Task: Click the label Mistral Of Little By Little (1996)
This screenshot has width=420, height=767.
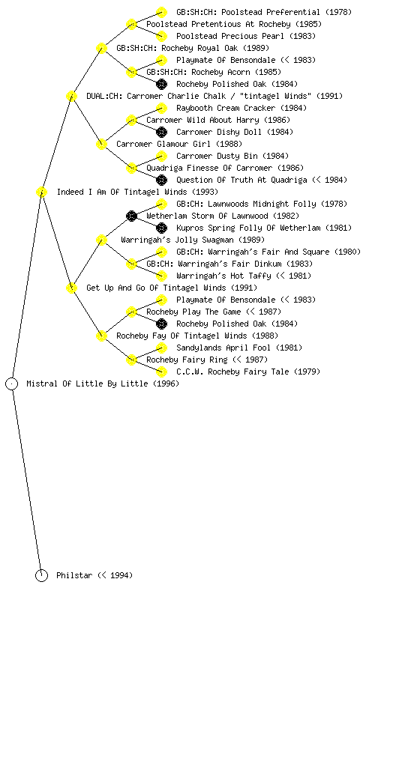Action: coord(103,383)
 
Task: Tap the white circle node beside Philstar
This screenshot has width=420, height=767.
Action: coord(41,575)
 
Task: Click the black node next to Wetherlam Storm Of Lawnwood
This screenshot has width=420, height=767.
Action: coord(131,216)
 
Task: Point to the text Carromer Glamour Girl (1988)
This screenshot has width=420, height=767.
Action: coord(179,144)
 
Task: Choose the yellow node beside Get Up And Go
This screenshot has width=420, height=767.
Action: coord(71,288)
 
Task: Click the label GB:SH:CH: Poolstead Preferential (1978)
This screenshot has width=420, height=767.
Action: coord(264,12)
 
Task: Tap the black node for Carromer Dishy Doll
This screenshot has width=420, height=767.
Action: coord(161,132)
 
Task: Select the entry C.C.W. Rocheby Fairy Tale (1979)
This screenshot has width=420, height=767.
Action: coord(248,372)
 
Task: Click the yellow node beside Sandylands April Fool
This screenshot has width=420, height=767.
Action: coord(161,348)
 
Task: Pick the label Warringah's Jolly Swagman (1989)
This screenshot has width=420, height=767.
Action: coord(193,240)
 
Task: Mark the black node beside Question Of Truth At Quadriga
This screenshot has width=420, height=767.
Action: coord(161,180)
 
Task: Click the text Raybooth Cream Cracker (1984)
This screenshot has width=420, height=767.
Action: coord(241,108)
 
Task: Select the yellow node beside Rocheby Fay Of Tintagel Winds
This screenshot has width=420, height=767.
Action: coord(101,336)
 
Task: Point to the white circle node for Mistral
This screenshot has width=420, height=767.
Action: coord(12,383)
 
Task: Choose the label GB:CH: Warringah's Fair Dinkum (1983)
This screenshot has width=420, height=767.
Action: coord(229,264)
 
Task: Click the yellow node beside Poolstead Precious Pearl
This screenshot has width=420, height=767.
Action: coord(161,36)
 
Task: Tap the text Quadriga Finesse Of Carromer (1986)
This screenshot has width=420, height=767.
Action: coord(225,168)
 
